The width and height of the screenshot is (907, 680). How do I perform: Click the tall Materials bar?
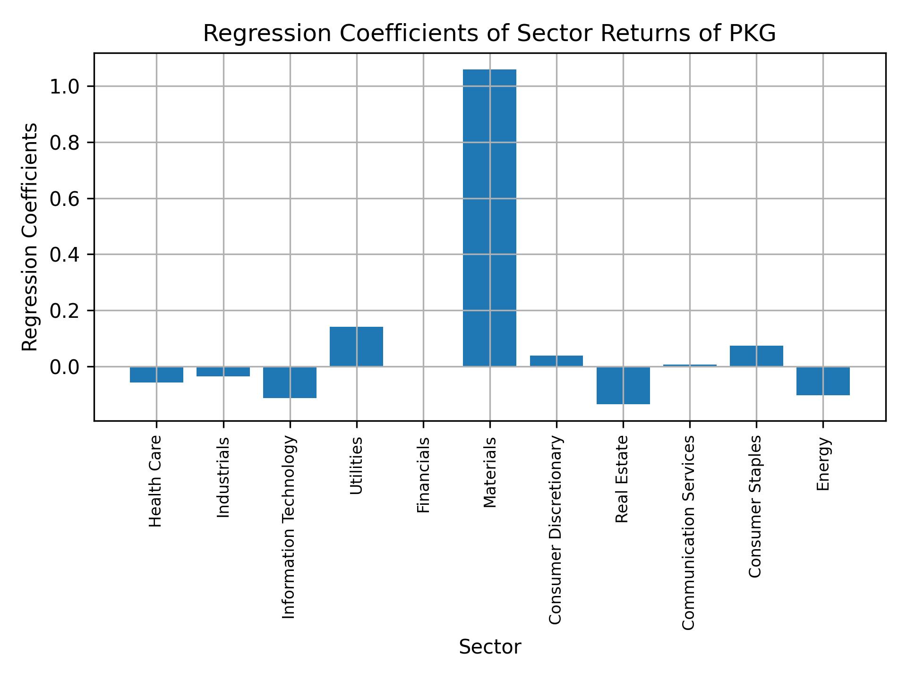(489, 217)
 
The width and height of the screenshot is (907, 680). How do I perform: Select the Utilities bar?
(356, 346)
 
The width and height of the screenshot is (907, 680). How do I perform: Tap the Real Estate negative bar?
(623, 385)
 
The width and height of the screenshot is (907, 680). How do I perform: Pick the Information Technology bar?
(290, 382)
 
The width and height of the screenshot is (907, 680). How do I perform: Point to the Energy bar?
(823, 381)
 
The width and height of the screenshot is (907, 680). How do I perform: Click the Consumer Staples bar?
(756, 356)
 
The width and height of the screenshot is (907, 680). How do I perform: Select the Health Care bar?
(156, 374)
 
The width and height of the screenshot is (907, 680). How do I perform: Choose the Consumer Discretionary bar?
(556, 361)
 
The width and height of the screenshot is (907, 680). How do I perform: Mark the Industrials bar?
(223, 372)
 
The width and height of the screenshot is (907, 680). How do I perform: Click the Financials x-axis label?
(423, 475)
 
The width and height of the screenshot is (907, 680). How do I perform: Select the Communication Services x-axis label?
(689, 532)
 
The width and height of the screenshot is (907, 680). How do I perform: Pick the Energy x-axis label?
(823, 464)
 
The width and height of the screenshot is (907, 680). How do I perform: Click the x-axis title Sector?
(490, 647)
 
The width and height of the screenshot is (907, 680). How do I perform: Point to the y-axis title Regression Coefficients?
(30, 237)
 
